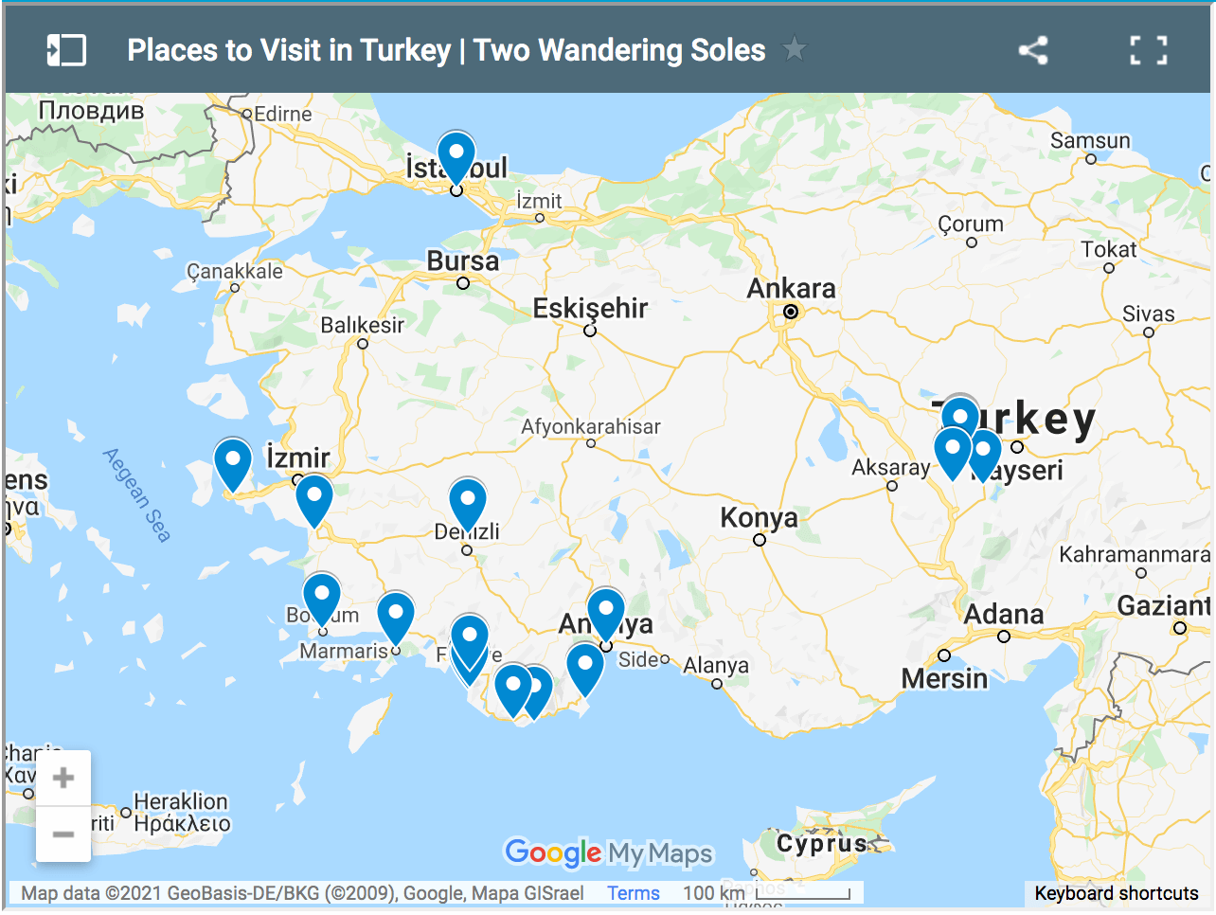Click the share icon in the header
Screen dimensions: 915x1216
pyautogui.click(x=1032, y=50)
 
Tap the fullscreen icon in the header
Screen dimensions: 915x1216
pyautogui.click(x=1148, y=50)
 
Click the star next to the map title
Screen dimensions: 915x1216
pyautogui.click(x=795, y=48)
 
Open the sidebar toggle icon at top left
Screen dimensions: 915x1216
pyautogui.click(x=67, y=50)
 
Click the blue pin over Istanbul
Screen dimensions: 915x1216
pyautogui.click(x=456, y=155)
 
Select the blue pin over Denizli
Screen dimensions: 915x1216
pyautogui.click(x=468, y=501)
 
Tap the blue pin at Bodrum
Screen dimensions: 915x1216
pyautogui.click(x=322, y=597)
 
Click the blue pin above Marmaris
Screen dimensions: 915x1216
pyautogui.click(x=396, y=616)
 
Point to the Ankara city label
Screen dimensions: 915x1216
pyautogui.click(x=791, y=289)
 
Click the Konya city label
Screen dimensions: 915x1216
pyautogui.click(x=759, y=518)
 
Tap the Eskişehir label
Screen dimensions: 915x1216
pyautogui.click(x=590, y=308)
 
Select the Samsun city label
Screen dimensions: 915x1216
pyautogui.click(x=1090, y=141)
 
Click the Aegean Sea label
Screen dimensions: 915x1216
pyautogui.click(x=137, y=494)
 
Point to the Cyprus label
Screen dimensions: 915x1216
pyautogui.click(x=821, y=843)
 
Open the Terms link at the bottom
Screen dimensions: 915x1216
pyautogui.click(x=634, y=893)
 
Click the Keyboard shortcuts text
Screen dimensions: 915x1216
pyautogui.click(x=1117, y=893)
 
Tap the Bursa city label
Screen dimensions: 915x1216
pyautogui.click(x=462, y=260)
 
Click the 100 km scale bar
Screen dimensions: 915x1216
pyautogui.click(x=803, y=893)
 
